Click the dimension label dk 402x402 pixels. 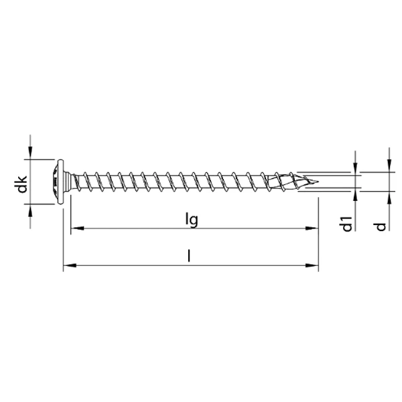coord(21,184)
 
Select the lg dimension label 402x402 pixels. coord(192,219)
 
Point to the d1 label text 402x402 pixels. coord(346,224)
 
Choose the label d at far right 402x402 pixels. coord(381,226)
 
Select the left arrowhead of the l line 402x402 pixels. coord(68,267)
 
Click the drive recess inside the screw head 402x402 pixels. coord(52,180)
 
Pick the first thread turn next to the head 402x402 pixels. coord(84,180)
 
